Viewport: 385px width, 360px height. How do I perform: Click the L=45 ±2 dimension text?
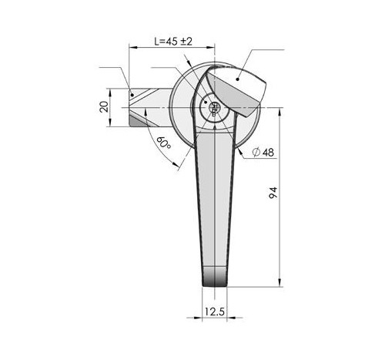pos(173,42)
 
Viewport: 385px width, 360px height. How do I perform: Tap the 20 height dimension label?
pos(104,106)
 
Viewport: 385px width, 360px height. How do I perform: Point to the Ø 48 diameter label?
pos(263,152)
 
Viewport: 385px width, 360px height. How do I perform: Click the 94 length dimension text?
pos(273,193)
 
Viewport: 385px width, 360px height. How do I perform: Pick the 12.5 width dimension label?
pos(215,311)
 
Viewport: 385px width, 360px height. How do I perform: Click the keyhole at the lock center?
pos(213,108)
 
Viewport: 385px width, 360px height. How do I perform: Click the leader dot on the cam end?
pos(132,95)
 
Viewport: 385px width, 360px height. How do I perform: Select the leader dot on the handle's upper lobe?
pos(238,79)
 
